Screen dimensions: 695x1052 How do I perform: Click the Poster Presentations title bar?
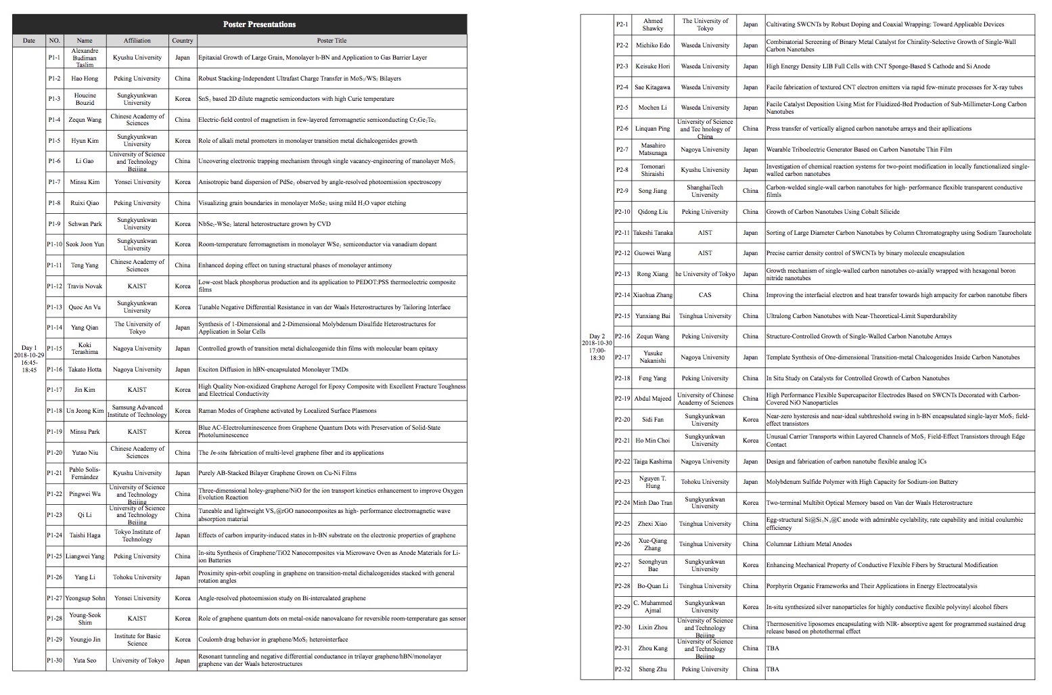click(259, 24)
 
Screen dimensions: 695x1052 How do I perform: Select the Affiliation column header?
click(137, 41)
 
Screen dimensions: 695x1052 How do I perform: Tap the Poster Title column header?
click(331, 41)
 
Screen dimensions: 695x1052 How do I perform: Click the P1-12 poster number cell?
click(55, 286)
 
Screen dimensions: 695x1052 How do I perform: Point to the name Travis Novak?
click(85, 286)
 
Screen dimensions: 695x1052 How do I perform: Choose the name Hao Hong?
click(85, 79)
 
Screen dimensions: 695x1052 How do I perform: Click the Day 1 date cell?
click(29, 359)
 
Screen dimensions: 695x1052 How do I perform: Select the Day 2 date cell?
click(597, 346)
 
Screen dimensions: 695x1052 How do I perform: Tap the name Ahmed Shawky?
click(653, 24)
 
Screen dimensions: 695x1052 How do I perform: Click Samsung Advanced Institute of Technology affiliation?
click(137, 411)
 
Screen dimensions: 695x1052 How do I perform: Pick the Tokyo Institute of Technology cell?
click(137, 535)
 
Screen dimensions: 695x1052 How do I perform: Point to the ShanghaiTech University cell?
click(705, 191)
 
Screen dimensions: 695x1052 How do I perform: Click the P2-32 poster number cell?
click(622, 669)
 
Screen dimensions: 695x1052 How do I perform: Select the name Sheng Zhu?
click(653, 669)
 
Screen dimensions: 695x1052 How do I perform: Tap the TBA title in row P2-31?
click(773, 648)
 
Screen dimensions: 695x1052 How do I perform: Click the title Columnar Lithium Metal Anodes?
click(808, 544)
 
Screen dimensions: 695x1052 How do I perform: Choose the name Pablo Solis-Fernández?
click(85, 473)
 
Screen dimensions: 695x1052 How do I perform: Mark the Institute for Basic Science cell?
click(137, 640)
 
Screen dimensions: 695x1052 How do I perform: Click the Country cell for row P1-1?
click(183, 58)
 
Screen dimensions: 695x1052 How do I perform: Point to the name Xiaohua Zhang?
click(653, 295)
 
